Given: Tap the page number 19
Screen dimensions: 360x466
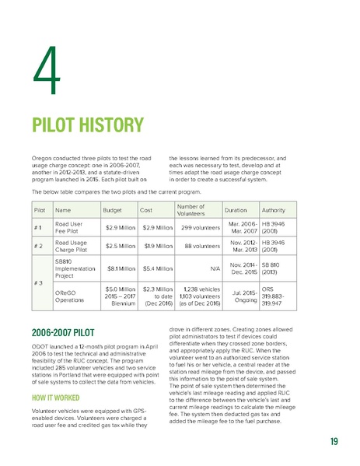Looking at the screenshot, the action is coord(332,443).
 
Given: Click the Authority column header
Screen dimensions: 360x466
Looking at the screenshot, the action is coord(274,210).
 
